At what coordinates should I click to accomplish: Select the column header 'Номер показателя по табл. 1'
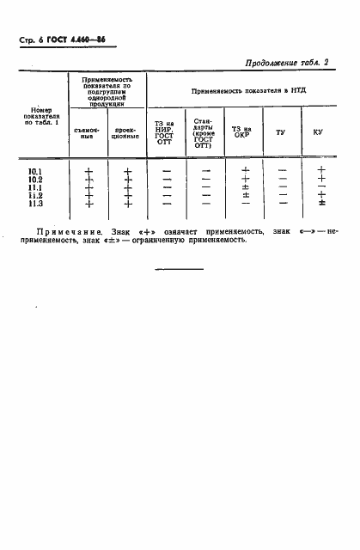[x=41, y=115]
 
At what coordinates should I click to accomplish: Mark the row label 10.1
[x=36, y=170]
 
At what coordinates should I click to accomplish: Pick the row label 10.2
[x=36, y=179]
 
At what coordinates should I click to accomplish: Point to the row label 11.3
[x=36, y=204]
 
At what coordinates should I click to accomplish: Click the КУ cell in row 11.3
[x=320, y=204]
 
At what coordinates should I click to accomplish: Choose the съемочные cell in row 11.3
[x=88, y=204]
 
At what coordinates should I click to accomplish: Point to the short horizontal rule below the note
[x=180, y=269]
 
